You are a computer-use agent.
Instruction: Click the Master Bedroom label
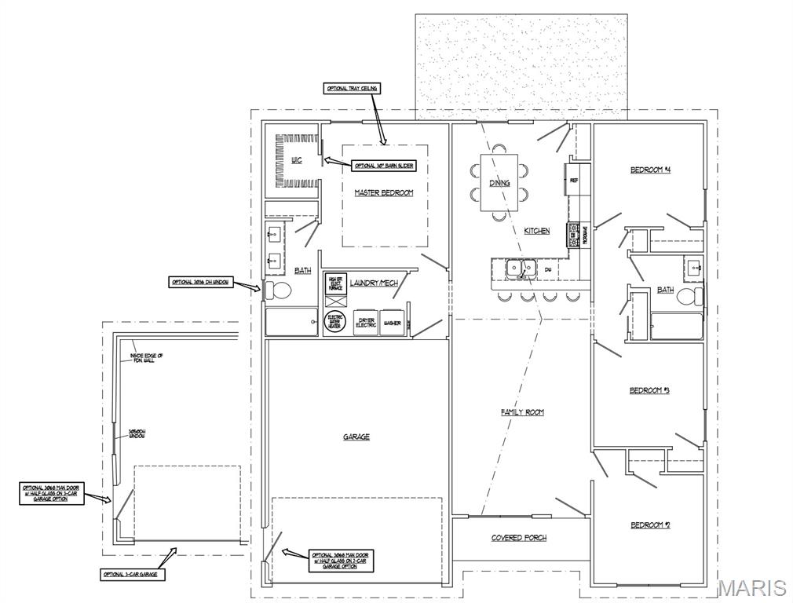click(x=383, y=192)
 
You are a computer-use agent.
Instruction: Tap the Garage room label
click(x=356, y=437)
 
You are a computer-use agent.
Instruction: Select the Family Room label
click(x=522, y=412)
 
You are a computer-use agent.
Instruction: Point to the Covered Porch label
click(x=519, y=538)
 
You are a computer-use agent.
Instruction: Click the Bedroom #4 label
click(x=650, y=170)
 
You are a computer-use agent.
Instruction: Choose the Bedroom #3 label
click(x=649, y=391)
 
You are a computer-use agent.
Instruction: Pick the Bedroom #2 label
click(x=649, y=525)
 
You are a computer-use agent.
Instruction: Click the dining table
click(x=500, y=181)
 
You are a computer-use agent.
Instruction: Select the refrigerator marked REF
click(x=574, y=180)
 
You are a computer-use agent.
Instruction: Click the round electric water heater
click(x=335, y=322)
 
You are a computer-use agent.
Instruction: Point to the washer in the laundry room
click(x=393, y=323)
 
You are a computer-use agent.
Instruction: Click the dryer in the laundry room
click(x=367, y=323)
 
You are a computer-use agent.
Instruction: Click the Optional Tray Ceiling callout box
click(x=352, y=89)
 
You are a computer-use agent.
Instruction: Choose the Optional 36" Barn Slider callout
click(x=383, y=166)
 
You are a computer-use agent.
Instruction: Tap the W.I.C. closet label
click(x=296, y=160)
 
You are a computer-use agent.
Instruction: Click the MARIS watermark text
click(x=751, y=587)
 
